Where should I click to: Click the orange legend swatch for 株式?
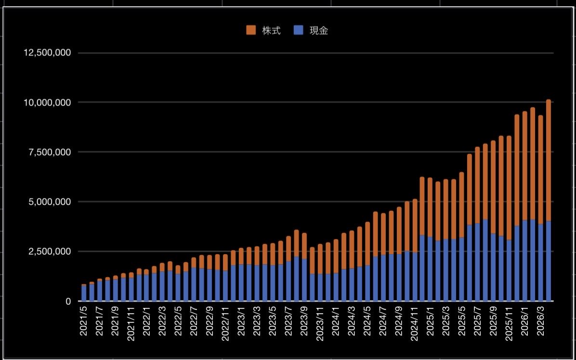pos(251,30)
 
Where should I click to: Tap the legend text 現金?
pos(318,31)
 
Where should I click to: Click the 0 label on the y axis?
pos(68,301)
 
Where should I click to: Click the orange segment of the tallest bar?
pos(549,159)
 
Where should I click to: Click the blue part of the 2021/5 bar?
pos(84,294)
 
